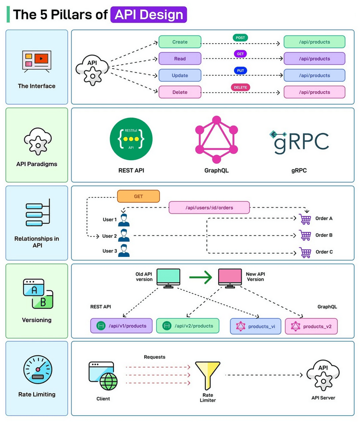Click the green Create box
pyautogui.click(x=180, y=42)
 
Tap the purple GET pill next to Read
pyautogui.click(x=240, y=54)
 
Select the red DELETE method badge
pyautogui.click(x=240, y=87)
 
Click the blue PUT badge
pyautogui.click(x=240, y=71)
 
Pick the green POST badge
pyautogui.click(x=240, y=37)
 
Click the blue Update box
pyautogui.click(x=180, y=75)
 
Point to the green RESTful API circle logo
pyautogui.click(x=132, y=139)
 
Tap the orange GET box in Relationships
pyautogui.click(x=138, y=196)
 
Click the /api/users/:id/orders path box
pyautogui.click(x=209, y=207)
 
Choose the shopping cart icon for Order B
pyautogui.click(x=305, y=235)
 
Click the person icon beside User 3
pyautogui.click(x=124, y=251)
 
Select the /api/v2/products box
pyautogui.click(x=187, y=326)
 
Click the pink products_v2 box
pyautogui.click(x=311, y=326)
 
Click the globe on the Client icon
pyautogui.click(x=109, y=381)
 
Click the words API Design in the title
pyautogui.click(x=149, y=14)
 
